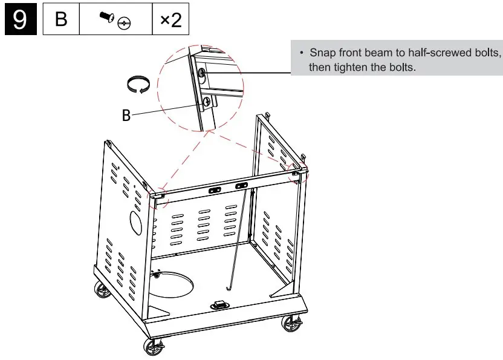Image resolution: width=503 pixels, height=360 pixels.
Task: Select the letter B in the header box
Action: click(61, 20)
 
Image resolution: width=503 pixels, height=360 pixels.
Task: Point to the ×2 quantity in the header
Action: click(170, 20)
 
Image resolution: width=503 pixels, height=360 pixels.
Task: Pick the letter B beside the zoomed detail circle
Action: click(126, 115)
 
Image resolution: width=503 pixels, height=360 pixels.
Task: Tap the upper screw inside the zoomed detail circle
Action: click(202, 74)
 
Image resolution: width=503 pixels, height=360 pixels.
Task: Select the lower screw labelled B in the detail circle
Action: click(207, 102)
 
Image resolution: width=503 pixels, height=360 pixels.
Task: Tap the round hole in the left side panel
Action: click(136, 223)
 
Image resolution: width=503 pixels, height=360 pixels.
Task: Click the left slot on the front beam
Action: click(215, 189)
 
